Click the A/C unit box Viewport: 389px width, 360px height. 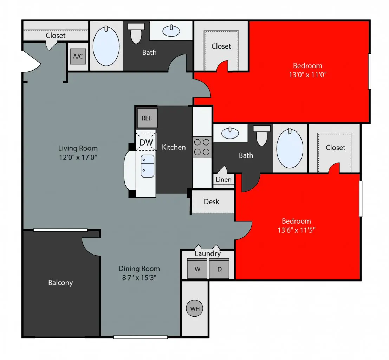[x=78, y=56]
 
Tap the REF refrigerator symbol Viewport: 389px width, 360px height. [x=147, y=118]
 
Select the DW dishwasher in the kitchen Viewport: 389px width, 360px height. [x=146, y=142]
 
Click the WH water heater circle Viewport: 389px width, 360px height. [x=195, y=308]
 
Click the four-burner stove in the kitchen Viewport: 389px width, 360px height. [x=202, y=147]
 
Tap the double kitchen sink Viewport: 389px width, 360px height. [x=147, y=166]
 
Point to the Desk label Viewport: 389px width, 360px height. [x=212, y=201]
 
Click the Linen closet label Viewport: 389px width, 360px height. [x=223, y=180]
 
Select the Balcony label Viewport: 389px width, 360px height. [x=60, y=283]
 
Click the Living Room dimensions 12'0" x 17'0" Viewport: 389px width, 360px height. [x=78, y=157]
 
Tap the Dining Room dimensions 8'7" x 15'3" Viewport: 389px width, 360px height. [x=139, y=277]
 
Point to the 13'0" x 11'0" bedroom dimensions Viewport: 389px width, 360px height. [x=307, y=75]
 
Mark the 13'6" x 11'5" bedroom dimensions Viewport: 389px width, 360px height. [x=297, y=230]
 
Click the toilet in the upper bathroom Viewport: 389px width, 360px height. [x=136, y=33]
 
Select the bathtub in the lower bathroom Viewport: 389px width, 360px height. [x=290, y=148]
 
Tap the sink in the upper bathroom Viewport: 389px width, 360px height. [x=171, y=31]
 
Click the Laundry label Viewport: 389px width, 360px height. [x=208, y=253]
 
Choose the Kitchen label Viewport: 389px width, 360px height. [x=174, y=147]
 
